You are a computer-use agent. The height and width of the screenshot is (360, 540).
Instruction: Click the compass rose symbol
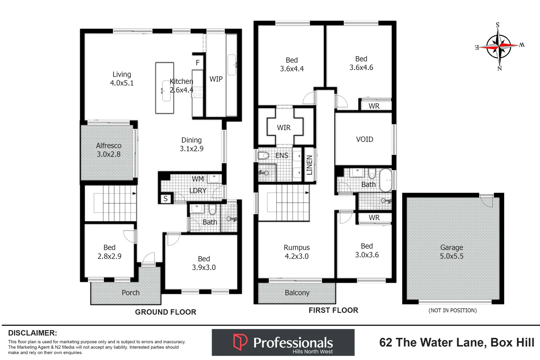tap(499, 46)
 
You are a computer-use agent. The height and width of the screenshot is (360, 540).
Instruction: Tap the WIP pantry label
tap(216, 79)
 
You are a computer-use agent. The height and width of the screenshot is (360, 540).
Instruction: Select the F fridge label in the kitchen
tap(198, 63)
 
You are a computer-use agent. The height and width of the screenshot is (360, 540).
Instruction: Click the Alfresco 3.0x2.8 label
tap(109, 150)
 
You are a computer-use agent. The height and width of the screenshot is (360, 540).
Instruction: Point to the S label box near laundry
tap(166, 199)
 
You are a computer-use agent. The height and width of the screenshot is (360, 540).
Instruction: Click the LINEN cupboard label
tap(309, 165)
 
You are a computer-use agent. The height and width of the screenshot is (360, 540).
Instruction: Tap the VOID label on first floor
tap(364, 139)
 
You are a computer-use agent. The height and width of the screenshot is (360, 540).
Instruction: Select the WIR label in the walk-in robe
tap(284, 128)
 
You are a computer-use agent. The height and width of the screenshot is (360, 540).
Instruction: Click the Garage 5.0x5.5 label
tap(452, 252)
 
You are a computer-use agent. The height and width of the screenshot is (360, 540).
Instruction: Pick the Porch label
tap(130, 293)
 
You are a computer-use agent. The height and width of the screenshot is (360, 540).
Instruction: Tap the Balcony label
tap(297, 293)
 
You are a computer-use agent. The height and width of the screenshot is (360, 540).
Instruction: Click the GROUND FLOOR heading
tap(166, 312)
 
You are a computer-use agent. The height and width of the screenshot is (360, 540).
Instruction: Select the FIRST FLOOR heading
tap(333, 310)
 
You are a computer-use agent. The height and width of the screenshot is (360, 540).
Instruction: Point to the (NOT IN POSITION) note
tap(452, 310)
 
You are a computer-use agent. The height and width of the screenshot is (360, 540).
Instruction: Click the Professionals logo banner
tap(283, 342)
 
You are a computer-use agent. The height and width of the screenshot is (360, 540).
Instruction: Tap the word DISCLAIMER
tap(32, 333)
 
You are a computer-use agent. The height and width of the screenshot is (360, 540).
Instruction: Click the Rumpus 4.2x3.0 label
tap(297, 252)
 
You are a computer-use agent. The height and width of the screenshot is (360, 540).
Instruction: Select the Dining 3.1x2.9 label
tap(192, 144)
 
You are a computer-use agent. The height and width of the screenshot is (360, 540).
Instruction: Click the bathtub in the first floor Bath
tap(386, 180)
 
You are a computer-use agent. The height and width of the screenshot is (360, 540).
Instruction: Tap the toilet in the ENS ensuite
tap(263, 155)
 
